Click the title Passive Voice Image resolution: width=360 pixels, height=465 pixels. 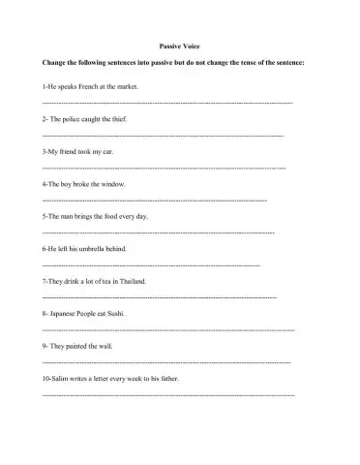coord(179,46)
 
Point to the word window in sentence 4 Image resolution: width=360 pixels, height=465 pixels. coord(112,183)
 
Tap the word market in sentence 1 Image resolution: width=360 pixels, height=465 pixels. coord(127,86)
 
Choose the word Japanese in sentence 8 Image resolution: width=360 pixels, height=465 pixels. coord(64,313)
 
